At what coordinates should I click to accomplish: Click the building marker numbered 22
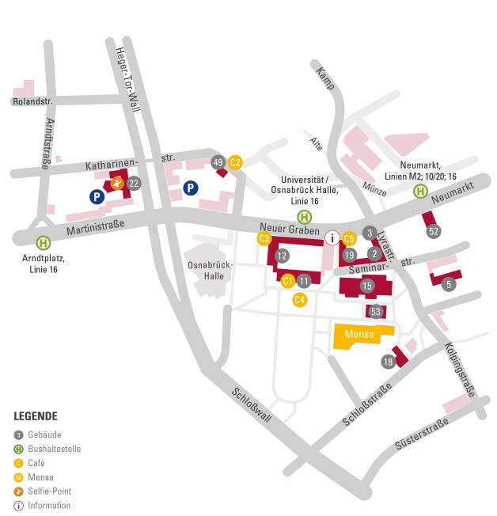click(134, 184)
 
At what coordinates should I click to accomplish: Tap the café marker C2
click(235, 162)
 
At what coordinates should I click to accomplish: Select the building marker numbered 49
click(218, 162)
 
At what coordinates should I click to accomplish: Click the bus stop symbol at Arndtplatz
click(43, 243)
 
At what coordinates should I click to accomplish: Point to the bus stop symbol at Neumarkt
click(421, 190)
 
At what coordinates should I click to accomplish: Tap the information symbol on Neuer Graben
click(332, 237)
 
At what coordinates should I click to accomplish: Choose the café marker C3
click(264, 238)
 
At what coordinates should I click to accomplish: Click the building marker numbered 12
click(281, 256)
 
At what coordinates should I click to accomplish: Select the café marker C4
click(299, 299)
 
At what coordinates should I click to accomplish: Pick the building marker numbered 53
click(376, 312)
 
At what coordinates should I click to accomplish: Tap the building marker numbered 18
click(388, 362)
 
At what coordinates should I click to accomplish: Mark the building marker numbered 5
click(449, 284)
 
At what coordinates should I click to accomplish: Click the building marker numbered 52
click(433, 231)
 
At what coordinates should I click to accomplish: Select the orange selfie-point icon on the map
click(117, 184)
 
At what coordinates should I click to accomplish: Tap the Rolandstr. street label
click(31, 101)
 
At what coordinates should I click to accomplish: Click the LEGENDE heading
click(36, 415)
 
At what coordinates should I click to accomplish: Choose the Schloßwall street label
click(252, 406)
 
